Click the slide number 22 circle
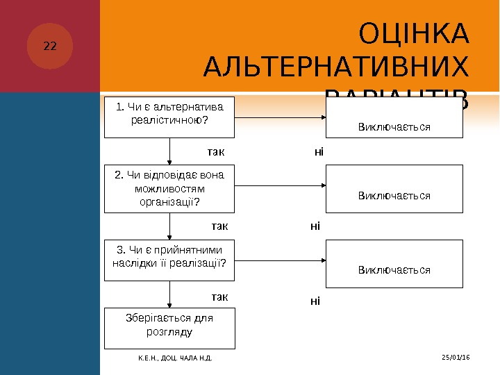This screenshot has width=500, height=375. (50, 47)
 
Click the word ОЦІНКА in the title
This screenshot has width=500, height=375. (415, 33)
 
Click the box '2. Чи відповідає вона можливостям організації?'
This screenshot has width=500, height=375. (169, 188)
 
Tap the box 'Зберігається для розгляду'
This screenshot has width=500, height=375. (169, 328)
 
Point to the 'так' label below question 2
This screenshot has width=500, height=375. (219, 226)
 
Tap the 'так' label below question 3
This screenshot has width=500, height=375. (219, 297)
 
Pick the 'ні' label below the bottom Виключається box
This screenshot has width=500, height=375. (315, 301)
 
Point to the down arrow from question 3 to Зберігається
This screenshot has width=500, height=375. (169, 294)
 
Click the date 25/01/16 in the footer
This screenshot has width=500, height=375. (456, 357)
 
